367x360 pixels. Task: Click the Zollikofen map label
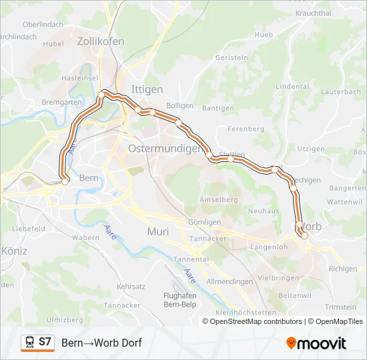point(101,41)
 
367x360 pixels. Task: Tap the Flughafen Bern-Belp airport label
point(178,300)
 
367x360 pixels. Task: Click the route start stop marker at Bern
point(65,180)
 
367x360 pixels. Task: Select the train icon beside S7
point(29,343)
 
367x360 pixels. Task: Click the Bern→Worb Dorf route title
point(101,343)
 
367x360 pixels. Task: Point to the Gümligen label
point(205,222)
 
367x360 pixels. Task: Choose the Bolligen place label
point(179,105)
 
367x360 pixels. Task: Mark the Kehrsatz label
point(130,285)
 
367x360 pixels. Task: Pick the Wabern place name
point(85,237)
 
